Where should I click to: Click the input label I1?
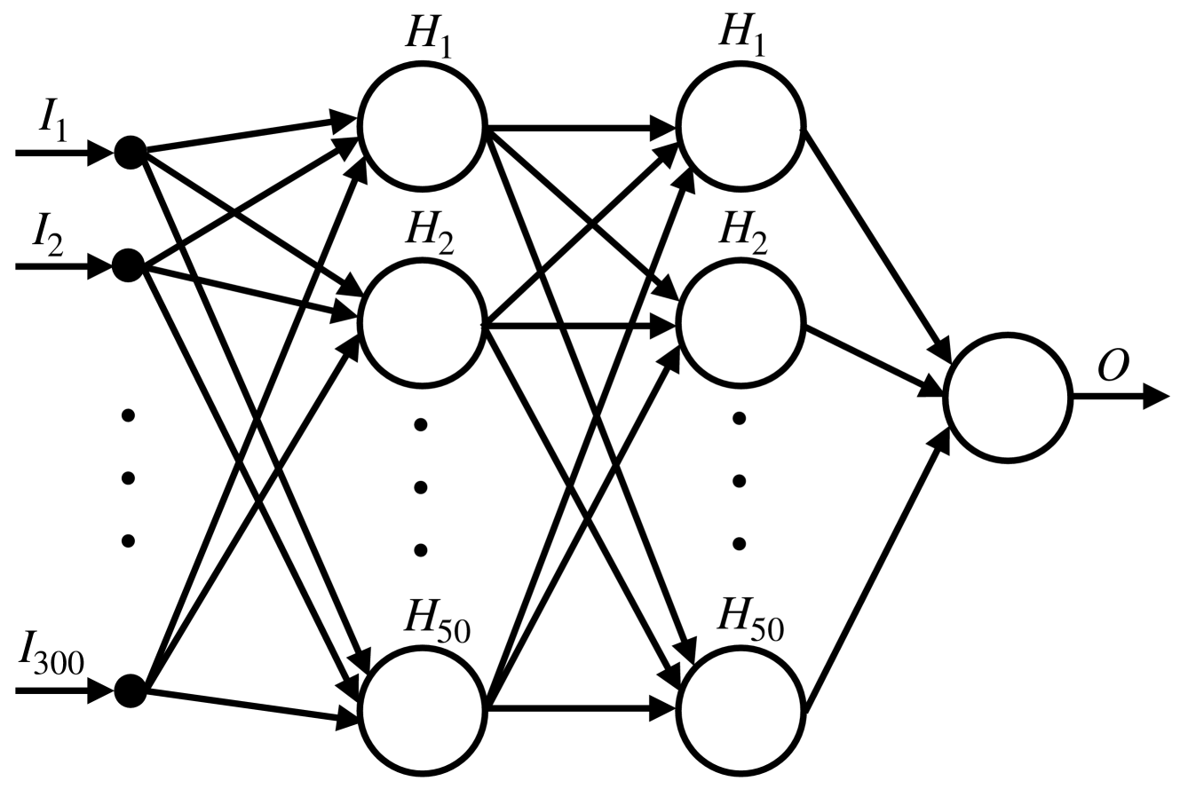(51, 123)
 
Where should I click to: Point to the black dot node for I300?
(130, 689)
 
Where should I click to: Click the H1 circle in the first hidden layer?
(421, 127)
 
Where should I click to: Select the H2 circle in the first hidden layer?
(421, 325)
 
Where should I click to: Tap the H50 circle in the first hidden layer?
(423, 710)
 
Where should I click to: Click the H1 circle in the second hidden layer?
(740, 127)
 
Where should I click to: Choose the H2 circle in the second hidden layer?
(740, 325)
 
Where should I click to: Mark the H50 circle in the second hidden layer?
(741, 710)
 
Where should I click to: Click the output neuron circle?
(1008, 398)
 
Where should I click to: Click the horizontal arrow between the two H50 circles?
(582, 709)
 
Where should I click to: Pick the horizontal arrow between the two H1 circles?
(582, 127)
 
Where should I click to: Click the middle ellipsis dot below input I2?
(128, 478)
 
